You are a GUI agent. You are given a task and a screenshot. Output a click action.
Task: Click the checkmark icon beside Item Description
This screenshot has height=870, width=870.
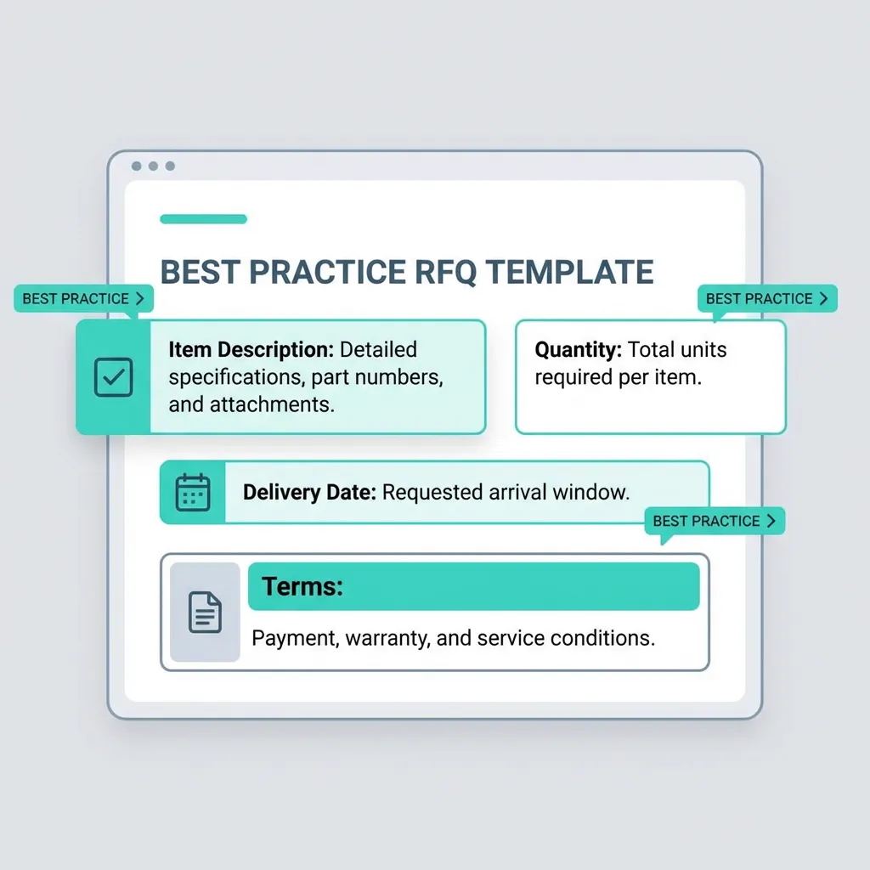click(x=113, y=377)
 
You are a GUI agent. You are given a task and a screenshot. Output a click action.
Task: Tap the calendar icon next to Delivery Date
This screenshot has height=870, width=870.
click(x=193, y=493)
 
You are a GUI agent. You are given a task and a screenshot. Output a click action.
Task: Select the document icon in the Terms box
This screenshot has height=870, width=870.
click(x=205, y=612)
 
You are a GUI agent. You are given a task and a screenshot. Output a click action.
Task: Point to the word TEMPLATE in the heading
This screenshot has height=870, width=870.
click(x=569, y=272)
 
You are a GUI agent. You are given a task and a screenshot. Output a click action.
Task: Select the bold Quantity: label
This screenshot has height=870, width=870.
click(x=578, y=349)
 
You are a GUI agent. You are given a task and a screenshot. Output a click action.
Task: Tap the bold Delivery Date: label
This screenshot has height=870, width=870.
click(x=309, y=492)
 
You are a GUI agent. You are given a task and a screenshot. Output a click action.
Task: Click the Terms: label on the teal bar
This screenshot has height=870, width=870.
click(x=302, y=586)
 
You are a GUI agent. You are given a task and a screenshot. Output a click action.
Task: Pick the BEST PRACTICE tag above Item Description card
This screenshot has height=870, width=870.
click(x=83, y=299)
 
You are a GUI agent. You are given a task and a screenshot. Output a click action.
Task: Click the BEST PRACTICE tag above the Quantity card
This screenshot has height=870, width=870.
click(x=766, y=298)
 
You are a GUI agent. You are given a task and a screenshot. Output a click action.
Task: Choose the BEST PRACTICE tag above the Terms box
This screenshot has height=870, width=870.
click(x=714, y=521)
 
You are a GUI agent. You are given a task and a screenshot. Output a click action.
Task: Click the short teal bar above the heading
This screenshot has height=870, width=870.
click(x=203, y=219)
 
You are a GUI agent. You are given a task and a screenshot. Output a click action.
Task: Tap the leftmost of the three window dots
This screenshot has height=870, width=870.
click(x=137, y=167)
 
